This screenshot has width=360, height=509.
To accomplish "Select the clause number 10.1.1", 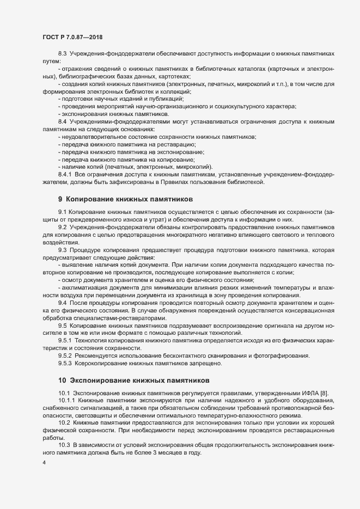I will (x=66, y=401).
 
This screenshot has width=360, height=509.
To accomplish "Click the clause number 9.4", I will (x=62, y=302).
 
